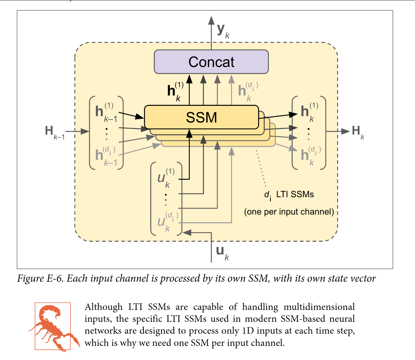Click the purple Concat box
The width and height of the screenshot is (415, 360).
(x=211, y=62)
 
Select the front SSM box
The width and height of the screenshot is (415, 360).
(x=202, y=117)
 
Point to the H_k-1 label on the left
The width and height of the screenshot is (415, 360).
(x=55, y=132)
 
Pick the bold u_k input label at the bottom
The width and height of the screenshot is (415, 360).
(x=223, y=253)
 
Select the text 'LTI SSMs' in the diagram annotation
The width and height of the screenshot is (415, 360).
(x=295, y=194)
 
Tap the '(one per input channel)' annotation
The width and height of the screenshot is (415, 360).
(x=289, y=212)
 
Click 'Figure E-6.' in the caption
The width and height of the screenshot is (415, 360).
(x=40, y=278)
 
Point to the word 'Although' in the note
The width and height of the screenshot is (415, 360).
(x=104, y=307)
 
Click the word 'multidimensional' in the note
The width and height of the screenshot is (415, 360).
(x=319, y=307)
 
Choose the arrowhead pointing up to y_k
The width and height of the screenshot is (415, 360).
(x=211, y=20)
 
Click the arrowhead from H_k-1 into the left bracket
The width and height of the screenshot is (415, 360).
(x=85, y=131)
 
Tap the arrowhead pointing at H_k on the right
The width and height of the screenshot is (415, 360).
(x=346, y=131)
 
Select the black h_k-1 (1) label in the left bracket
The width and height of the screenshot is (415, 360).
(x=106, y=113)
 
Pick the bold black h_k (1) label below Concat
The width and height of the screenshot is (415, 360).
(x=175, y=91)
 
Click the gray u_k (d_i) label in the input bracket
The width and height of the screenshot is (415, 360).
(x=168, y=222)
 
